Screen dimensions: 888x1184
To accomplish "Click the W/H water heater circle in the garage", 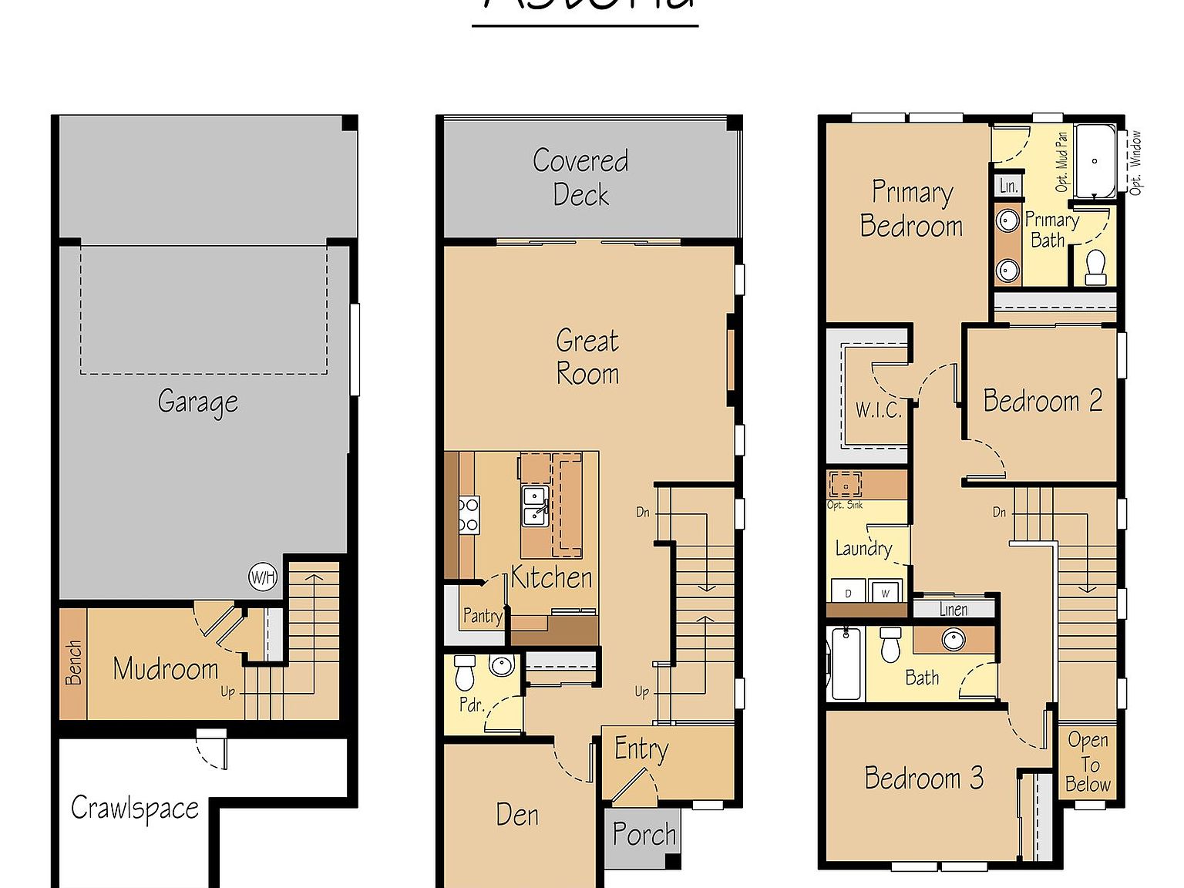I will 262,577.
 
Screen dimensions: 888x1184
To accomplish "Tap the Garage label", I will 197,402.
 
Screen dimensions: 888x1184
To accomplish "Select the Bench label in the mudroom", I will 73,662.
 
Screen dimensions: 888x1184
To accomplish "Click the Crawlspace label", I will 135,809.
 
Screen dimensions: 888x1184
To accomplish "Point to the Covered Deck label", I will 580,177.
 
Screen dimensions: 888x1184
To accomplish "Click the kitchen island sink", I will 534,506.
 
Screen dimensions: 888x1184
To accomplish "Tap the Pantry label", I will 482,615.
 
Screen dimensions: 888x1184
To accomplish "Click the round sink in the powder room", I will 502,665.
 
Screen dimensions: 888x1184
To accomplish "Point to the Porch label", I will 644,834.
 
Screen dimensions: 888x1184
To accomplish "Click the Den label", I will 517,815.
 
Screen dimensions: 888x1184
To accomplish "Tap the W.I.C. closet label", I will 878,409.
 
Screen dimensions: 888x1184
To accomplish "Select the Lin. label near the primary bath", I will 1008,186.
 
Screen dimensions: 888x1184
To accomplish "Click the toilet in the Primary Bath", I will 1095,267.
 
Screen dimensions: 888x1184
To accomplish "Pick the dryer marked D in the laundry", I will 848,592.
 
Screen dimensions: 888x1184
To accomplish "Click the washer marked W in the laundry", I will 885,592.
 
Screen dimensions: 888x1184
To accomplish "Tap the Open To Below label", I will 1088,762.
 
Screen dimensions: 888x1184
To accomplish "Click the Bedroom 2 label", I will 1042,401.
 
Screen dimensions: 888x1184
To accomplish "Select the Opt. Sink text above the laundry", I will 845,505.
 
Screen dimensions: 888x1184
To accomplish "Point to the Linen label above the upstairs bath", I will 954,609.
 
